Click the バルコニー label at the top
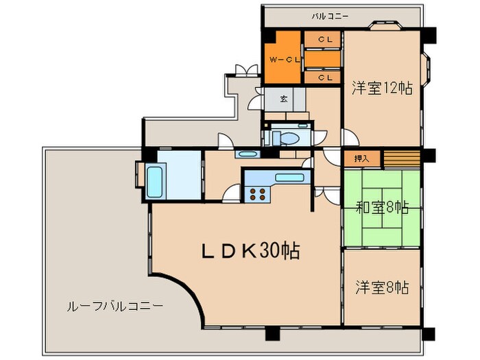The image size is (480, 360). tap(330, 14)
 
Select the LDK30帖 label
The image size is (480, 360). tap(249, 251)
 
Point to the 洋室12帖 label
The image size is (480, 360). tap(382, 88)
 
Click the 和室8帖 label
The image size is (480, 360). tap(382, 207)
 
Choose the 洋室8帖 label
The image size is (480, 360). tap(382, 286)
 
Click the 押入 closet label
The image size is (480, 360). tap(361, 158)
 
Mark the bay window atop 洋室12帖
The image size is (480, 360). tap(385, 27)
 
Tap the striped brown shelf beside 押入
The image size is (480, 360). tap(400, 158)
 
